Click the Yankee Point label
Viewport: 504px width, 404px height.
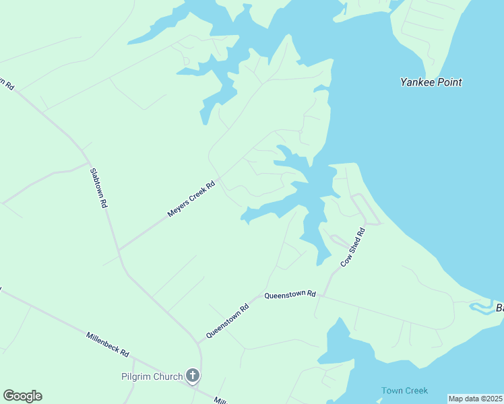(x=431, y=82)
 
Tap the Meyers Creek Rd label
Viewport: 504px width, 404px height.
(x=191, y=199)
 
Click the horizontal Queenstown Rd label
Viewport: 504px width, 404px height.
(x=290, y=295)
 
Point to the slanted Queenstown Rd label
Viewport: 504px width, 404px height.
(x=228, y=321)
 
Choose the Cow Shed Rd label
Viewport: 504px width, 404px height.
(x=352, y=247)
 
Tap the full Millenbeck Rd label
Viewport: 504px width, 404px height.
(x=107, y=344)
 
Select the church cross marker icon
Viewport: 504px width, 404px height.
(x=193, y=376)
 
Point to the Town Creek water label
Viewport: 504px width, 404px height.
(x=404, y=391)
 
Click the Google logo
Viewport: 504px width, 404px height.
(x=22, y=396)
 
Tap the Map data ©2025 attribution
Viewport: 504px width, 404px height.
(x=475, y=399)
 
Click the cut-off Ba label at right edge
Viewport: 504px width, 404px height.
(x=499, y=308)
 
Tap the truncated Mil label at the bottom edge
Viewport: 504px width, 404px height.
(x=220, y=400)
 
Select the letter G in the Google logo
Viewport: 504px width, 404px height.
(x=9, y=396)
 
